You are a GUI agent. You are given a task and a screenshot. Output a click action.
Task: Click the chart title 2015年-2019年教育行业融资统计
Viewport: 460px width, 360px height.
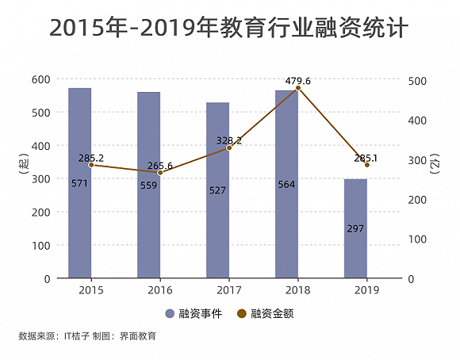click(x=229, y=29)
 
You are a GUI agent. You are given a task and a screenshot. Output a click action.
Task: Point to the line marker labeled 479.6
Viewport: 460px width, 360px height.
click(x=298, y=89)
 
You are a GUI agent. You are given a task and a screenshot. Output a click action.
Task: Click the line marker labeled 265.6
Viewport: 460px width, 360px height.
click(x=160, y=173)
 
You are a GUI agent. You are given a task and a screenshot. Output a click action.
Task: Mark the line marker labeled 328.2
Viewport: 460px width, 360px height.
click(x=229, y=148)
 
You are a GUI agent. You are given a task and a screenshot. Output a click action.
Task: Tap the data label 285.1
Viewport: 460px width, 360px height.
click(x=366, y=158)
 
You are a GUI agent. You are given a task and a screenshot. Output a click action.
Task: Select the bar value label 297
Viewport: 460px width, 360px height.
click(x=355, y=228)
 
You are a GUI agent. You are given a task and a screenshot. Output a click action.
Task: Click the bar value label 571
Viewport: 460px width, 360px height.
click(x=79, y=184)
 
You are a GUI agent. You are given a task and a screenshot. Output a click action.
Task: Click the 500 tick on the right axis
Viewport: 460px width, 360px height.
click(x=417, y=80)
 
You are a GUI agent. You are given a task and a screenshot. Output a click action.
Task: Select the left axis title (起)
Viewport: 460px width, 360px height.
click(x=21, y=166)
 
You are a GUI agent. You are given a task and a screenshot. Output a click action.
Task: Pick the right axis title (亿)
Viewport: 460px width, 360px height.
click(x=435, y=166)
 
